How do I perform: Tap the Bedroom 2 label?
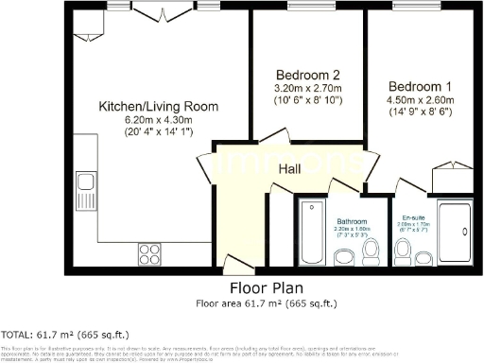pyautogui.click(x=306, y=75)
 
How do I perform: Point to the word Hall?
pyautogui.click(x=291, y=168)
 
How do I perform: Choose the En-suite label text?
pyautogui.click(x=413, y=216)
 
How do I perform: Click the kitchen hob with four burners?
pyautogui.click(x=150, y=252)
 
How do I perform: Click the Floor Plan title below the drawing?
pyautogui.click(x=266, y=288)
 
